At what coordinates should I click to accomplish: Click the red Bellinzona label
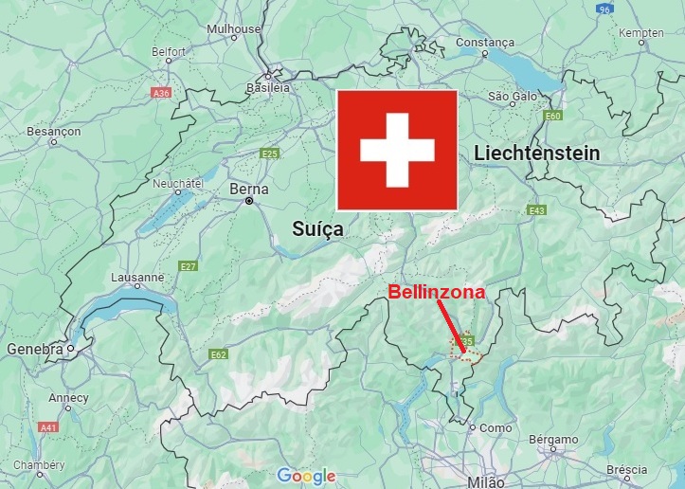click(437, 292)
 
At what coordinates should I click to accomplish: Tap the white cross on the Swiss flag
click(398, 150)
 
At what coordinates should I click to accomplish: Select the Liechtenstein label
click(536, 153)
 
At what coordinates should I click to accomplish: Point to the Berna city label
click(249, 189)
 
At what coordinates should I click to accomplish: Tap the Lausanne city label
click(138, 277)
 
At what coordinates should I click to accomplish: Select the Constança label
click(485, 42)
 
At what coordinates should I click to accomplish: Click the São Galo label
click(513, 96)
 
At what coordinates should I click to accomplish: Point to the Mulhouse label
click(233, 28)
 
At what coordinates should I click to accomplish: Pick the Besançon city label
click(53, 130)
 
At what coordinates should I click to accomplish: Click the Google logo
click(307, 476)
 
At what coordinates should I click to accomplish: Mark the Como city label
click(496, 427)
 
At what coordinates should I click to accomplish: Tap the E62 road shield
click(219, 354)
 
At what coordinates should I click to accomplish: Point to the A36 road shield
click(160, 94)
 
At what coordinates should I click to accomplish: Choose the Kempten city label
click(641, 32)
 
